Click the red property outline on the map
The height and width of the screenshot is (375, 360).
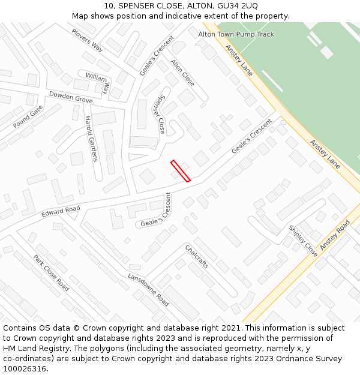coord(181,170)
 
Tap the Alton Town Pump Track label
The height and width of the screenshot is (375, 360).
coord(236,34)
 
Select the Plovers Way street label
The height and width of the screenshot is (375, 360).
coord(87,40)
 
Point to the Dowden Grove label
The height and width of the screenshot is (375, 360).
coord(71,97)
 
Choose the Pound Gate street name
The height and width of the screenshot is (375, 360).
coord(28,116)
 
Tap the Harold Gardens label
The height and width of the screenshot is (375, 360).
coord(91,139)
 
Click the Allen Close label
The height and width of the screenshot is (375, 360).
coord(182,72)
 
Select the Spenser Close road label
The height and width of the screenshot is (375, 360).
coord(158,115)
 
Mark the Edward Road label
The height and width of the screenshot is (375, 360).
coord(61,211)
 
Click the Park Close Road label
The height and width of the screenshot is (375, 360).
coord(51,273)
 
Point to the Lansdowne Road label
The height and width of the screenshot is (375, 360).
coord(148,289)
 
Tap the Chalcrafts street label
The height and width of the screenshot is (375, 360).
coord(196,256)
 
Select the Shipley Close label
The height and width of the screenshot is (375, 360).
coord(303,241)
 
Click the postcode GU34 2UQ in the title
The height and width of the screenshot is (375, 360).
coord(237,5)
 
